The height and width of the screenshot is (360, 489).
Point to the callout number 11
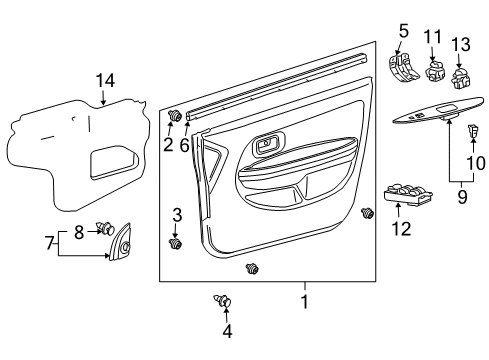click(434, 37)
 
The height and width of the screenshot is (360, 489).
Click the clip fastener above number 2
click(177, 117)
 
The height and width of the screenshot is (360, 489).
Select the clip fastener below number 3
click(178, 243)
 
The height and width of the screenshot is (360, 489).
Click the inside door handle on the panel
click(267, 147)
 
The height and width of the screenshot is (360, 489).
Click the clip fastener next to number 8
click(104, 228)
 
